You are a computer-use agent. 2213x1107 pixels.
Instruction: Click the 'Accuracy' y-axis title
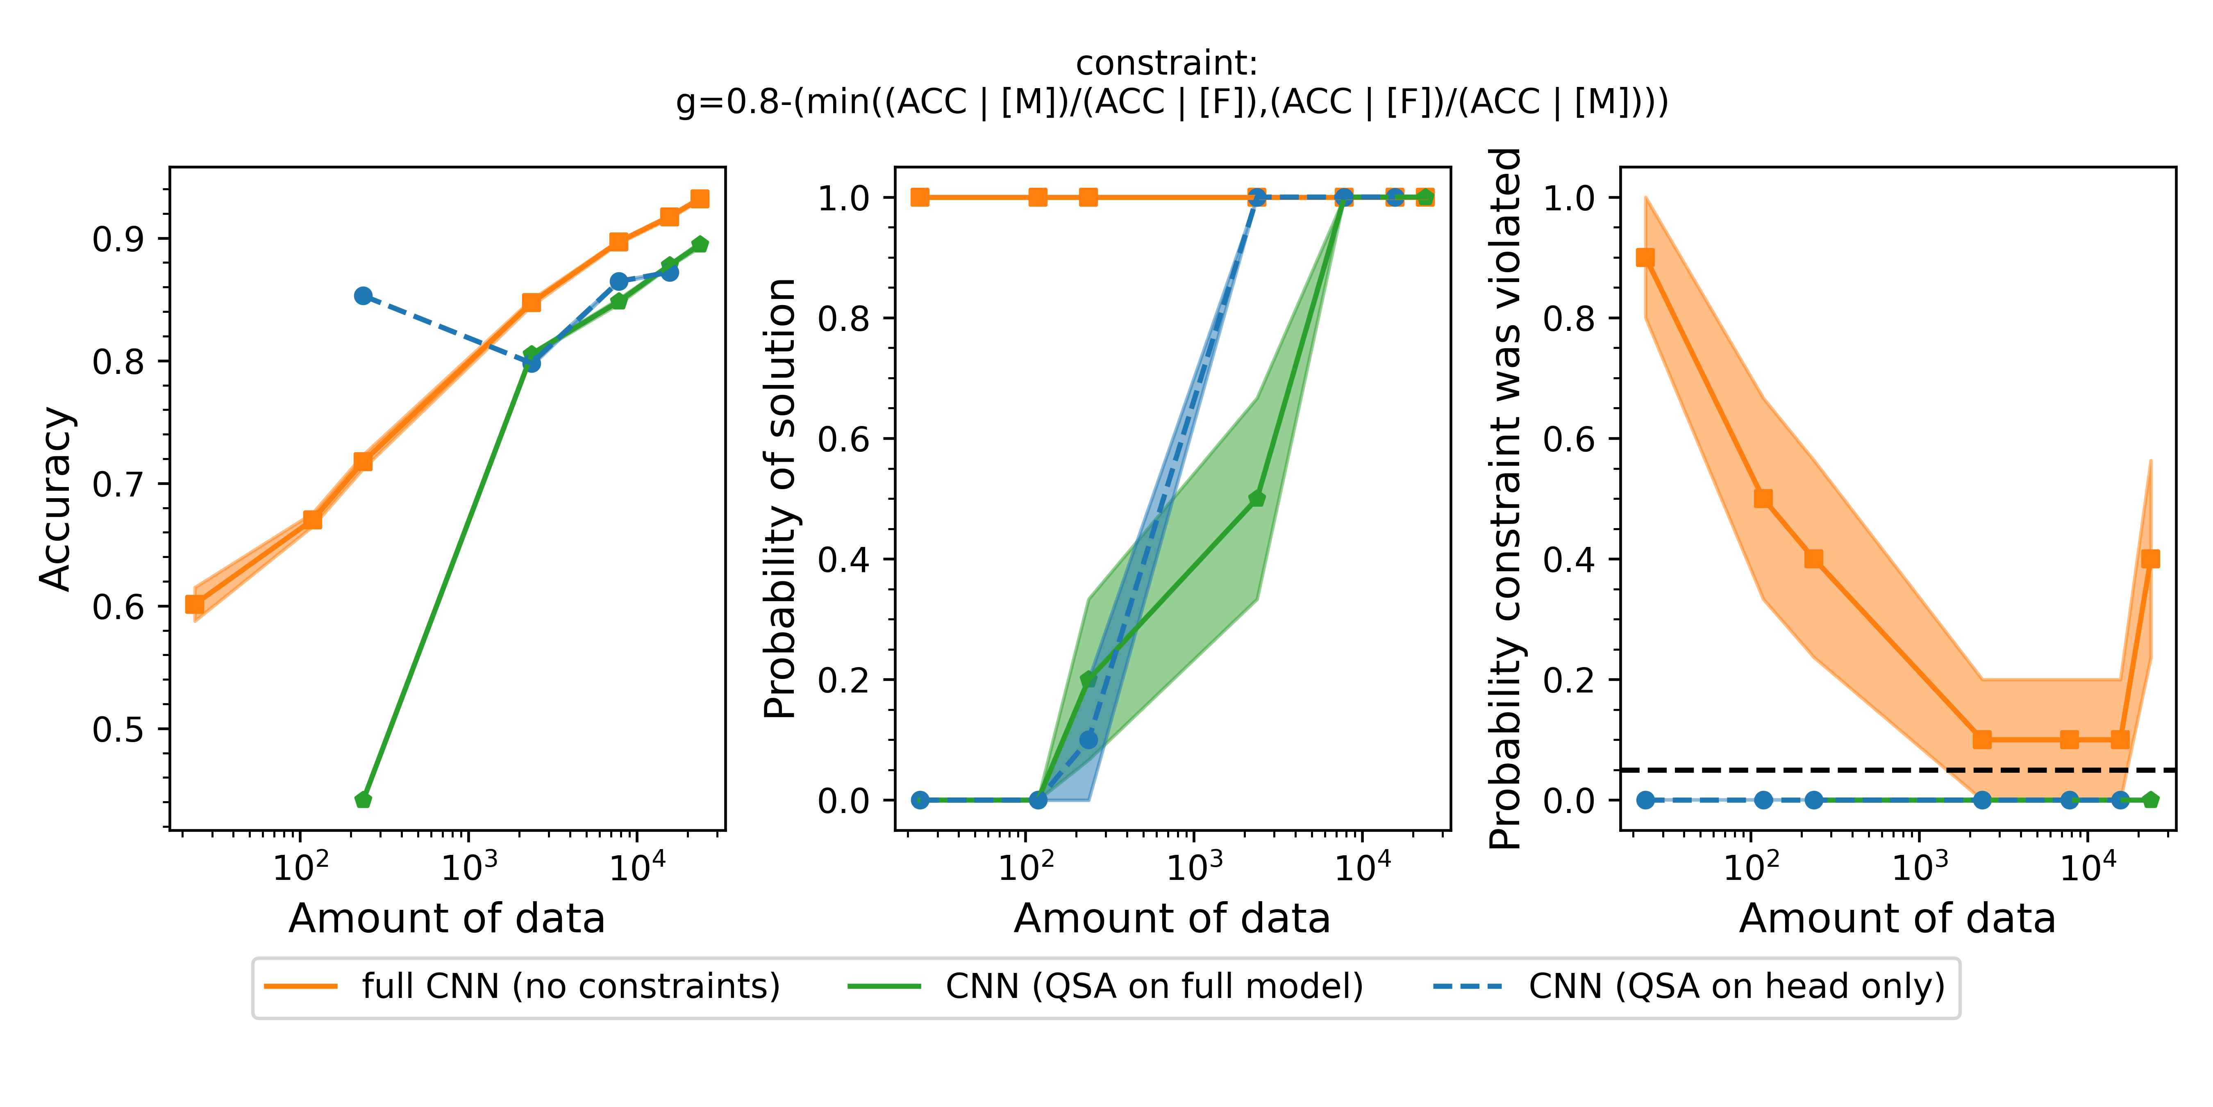click(57, 499)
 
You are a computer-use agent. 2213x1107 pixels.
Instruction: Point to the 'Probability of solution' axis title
click(780, 499)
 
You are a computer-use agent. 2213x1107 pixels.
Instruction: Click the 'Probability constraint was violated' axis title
click(1505, 499)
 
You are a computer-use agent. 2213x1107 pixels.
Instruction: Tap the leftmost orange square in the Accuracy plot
click(195, 604)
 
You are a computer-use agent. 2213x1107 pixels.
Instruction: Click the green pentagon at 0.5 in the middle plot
click(1257, 499)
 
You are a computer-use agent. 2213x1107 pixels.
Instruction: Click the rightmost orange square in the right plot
click(2150, 559)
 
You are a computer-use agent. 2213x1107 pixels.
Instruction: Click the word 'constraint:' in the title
click(1167, 64)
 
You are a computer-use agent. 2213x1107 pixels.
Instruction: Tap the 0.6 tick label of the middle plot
click(844, 439)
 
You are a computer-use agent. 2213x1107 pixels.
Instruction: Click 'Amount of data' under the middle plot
click(1172, 919)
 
